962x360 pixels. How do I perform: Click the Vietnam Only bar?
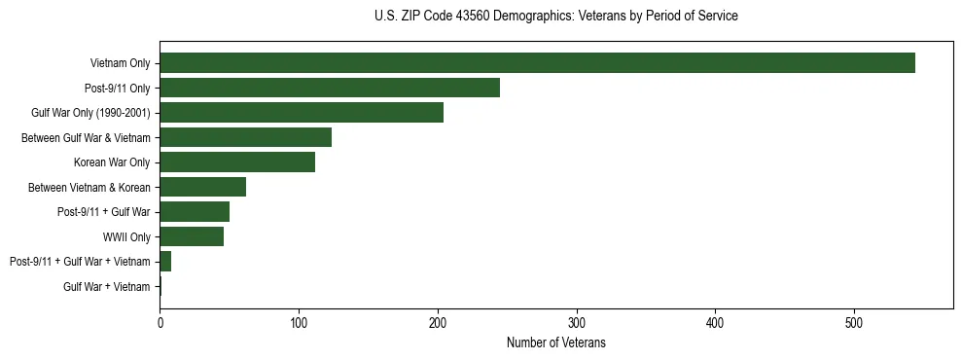pyautogui.click(x=537, y=63)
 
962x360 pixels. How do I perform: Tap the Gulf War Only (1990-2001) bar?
pyautogui.click(x=302, y=113)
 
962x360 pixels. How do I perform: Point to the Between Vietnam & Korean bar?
pyautogui.click(x=202, y=187)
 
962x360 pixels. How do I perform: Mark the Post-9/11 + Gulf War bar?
pyautogui.click(x=195, y=212)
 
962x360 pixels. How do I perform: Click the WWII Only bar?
pyautogui.click(x=192, y=236)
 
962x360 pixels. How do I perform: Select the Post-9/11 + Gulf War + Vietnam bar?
pyautogui.click(x=165, y=262)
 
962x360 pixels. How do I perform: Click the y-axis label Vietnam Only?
pyautogui.click(x=120, y=63)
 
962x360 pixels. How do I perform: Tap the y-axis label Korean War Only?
pyautogui.click(x=112, y=162)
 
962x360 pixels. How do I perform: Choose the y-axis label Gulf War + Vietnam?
pyautogui.click(x=107, y=286)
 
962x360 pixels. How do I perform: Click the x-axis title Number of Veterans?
pyautogui.click(x=556, y=342)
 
